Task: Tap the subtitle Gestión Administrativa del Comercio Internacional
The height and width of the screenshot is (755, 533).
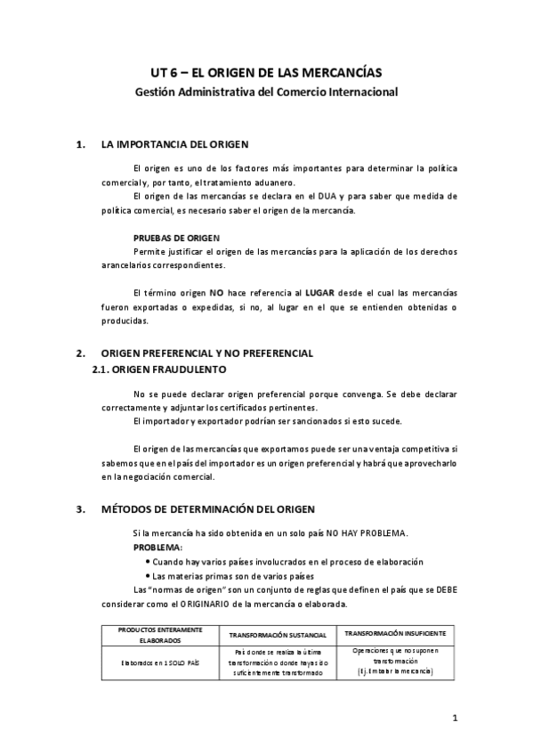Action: pos(266,91)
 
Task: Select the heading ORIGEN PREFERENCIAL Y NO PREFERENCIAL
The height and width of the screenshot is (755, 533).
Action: pos(206,353)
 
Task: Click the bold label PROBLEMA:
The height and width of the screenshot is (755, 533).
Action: pos(157,547)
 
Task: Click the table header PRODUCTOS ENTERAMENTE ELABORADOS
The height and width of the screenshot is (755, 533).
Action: pos(160,635)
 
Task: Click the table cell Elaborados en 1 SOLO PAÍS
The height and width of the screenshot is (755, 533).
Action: pos(160,662)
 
